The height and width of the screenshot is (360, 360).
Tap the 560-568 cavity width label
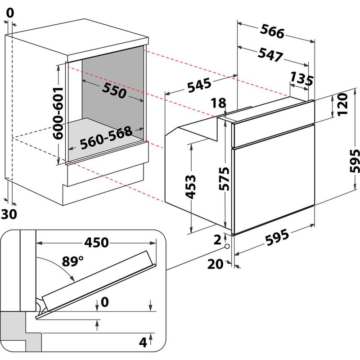point(106,138)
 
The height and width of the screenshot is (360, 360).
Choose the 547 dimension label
point(270,54)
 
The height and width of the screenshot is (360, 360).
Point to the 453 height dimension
point(191,186)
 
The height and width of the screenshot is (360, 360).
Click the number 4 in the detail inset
point(143,343)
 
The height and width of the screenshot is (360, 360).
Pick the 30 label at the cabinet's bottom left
point(9,214)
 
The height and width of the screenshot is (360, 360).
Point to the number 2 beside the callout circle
point(217,239)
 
